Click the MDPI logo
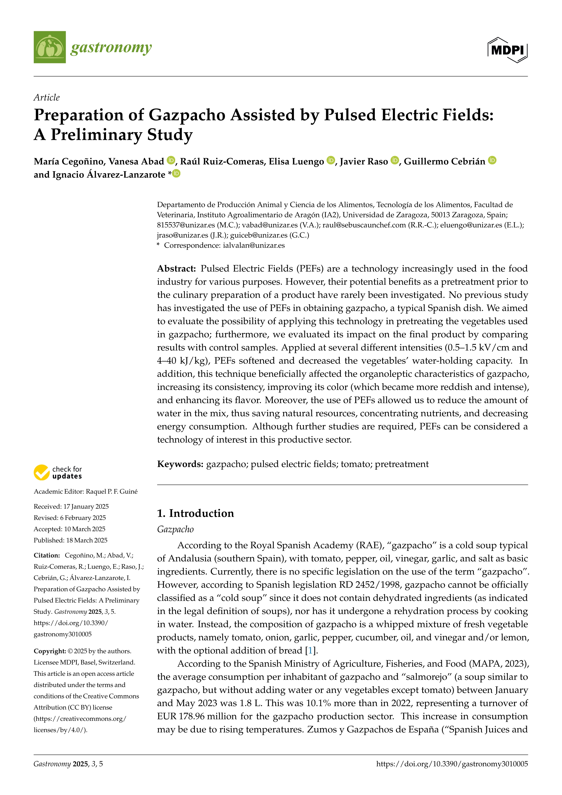point(507,50)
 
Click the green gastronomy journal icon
point(49,47)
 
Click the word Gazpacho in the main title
point(187,115)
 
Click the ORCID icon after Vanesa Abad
point(171,160)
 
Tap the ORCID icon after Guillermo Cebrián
point(492,160)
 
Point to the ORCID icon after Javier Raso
point(395,160)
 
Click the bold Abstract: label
point(177,269)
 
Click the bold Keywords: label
point(180,464)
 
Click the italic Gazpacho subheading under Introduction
point(175,529)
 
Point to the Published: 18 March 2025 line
point(71,540)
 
